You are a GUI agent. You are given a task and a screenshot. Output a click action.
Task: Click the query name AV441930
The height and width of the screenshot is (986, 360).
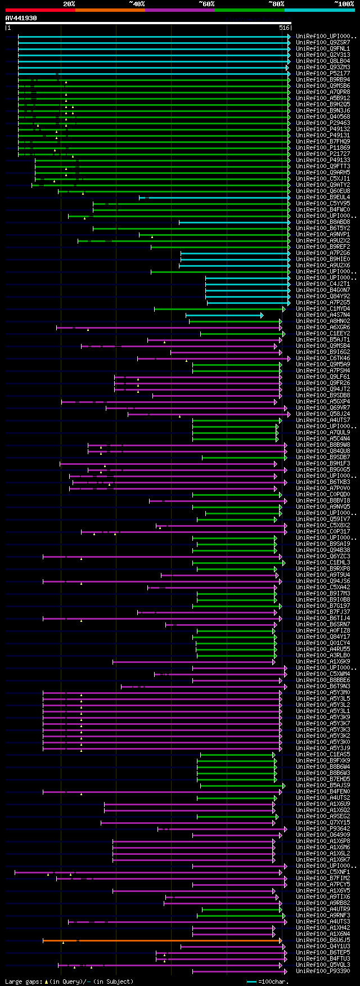pyautogui.click(x=21, y=18)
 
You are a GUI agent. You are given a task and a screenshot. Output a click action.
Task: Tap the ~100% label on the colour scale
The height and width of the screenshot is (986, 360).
pyautogui.click(x=344, y=3)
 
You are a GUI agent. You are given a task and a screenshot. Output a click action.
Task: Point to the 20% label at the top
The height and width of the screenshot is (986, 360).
pyautogui.click(x=69, y=3)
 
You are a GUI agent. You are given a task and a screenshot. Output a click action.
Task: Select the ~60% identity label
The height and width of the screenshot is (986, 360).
pyautogui.click(x=206, y=3)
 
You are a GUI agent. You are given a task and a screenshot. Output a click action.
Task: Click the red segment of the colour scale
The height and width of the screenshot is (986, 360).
pyautogui.click(x=40, y=10)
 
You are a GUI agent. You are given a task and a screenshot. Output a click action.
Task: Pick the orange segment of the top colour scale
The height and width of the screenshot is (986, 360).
pyautogui.click(x=110, y=10)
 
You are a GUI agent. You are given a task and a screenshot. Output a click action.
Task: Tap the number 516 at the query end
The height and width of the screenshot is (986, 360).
pyautogui.click(x=283, y=28)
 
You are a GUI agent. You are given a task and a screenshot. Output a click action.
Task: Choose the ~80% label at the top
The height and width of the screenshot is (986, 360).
pyautogui.click(x=276, y=3)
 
